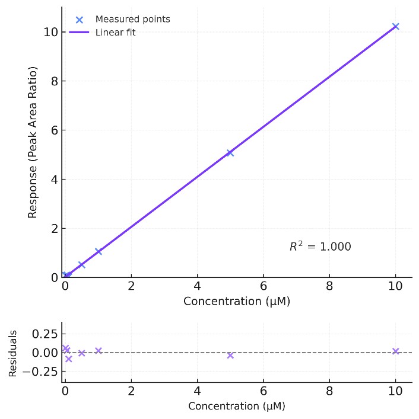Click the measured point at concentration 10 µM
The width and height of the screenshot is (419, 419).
pyautogui.click(x=395, y=26)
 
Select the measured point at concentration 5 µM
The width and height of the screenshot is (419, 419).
pyautogui.click(x=230, y=153)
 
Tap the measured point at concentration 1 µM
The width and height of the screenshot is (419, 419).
pyautogui.click(x=99, y=251)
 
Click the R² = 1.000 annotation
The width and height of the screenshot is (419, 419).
pyautogui.click(x=320, y=247)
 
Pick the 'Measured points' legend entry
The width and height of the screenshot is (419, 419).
pyautogui.click(x=132, y=20)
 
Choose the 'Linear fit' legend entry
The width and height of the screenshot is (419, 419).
pyautogui.click(x=115, y=33)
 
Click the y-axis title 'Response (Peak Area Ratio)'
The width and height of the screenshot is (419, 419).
pyautogui.click(x=33, y=142)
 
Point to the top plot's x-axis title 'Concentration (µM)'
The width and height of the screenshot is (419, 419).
pyautogui.click(x=237, y=301)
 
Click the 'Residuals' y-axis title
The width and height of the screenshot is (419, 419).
pyautogui.click(x=13, y=353)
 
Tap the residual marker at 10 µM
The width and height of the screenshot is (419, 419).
pyautogui.click(x=395, y=351)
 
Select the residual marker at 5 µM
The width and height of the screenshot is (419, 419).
pyautogui.click(x=230, y=356)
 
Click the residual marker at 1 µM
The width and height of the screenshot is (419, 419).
pyautogui.click(x=99, y=351)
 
